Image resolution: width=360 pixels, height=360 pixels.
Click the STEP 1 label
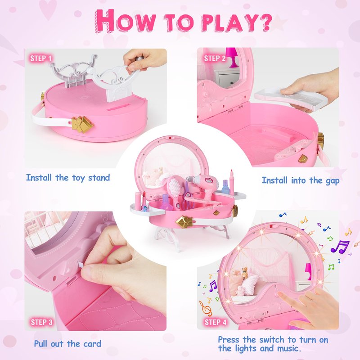coord(41,58)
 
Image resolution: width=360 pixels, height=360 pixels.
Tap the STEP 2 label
coord(215,58)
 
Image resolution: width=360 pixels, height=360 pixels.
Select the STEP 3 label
coord(41,322)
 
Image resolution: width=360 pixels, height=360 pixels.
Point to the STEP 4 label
coord(216,322)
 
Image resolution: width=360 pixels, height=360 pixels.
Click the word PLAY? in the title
coord(237,23)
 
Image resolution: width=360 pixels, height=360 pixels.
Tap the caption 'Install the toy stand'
coord(68,178)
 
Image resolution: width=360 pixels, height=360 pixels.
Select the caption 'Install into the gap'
coord(301,180)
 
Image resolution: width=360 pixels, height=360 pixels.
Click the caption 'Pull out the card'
coord(67,344)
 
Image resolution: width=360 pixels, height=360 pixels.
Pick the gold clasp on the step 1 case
coord(82,124)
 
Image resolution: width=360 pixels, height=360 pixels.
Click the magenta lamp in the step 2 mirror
coord(232,58)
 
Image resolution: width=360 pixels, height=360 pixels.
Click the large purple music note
coord(340,247)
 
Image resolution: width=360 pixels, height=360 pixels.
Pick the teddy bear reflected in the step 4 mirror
coord(245,272)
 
